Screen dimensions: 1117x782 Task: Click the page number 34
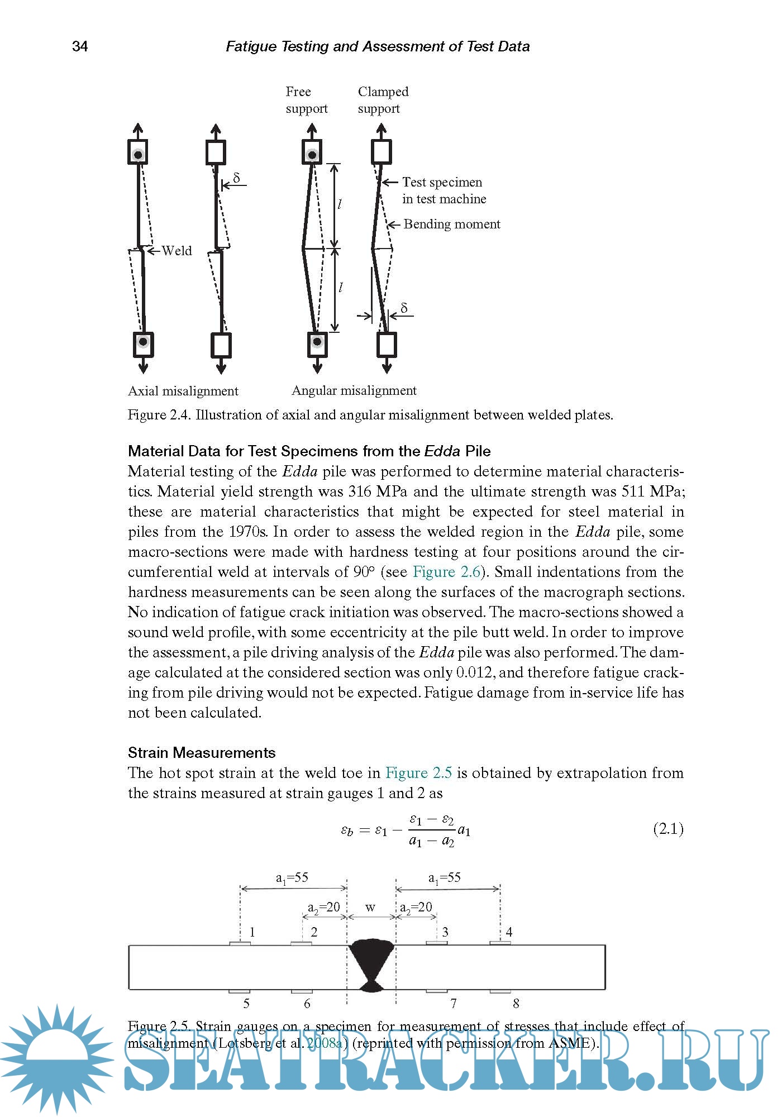tap(80, 46)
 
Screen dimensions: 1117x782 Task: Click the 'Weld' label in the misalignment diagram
tap(177, 251)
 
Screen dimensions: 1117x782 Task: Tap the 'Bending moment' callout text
tap(451, 224)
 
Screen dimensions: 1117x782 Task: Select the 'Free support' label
tap(306, 100)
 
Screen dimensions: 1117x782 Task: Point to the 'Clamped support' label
tap(383, 100)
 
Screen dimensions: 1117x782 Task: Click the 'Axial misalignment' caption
tap(183, 391)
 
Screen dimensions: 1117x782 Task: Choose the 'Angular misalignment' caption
tap(354, 390)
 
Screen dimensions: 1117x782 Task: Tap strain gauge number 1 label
tap(252, 932)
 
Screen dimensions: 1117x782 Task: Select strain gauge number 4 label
tap(509, 932)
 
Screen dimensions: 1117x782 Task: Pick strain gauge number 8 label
tap(516, 1004)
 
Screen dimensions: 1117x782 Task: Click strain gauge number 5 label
tap(246, 1004)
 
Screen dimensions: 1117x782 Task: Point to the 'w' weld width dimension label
tap(370, 907)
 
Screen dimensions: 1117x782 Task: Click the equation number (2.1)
tap(668, 828)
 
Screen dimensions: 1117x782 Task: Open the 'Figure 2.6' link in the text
tap(446, 572)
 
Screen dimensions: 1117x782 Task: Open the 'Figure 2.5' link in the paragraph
tap(418, 773)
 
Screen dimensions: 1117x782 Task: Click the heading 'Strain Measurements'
tap(202, 753)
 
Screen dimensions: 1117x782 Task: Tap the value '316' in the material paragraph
tap(360, 491)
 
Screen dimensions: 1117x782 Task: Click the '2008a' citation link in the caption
tap(325, 1043)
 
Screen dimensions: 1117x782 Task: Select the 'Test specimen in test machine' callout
tap(444, 190)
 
